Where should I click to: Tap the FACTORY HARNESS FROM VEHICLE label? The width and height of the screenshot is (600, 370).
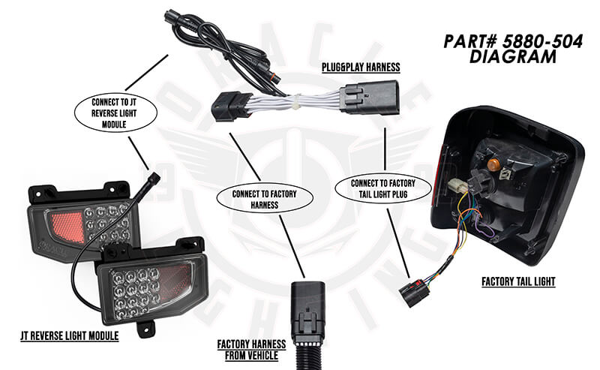(251, 350)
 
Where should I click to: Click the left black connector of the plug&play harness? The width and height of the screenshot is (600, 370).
(229, 106)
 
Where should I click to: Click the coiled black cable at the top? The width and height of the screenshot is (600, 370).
(187, 30)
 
